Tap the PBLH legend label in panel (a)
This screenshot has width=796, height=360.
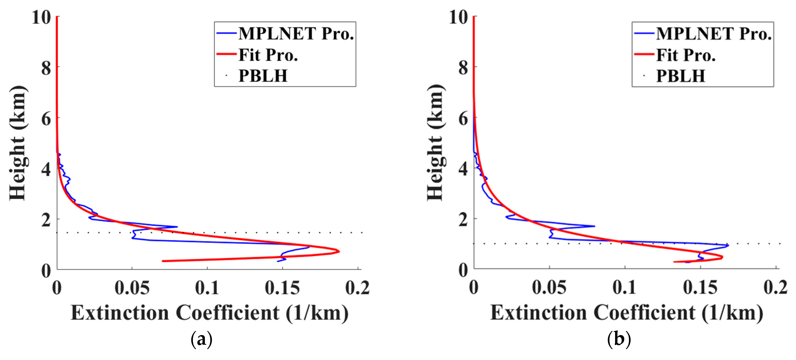tap(263, 76)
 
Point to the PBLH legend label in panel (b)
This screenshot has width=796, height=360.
tap(680, 76)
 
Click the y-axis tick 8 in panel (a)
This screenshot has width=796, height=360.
tap(46, 68)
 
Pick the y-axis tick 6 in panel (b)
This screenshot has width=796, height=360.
tap(463, 119)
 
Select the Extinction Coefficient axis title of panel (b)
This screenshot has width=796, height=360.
tap(627, 313)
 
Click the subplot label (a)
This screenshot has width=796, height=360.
tap(202, 340)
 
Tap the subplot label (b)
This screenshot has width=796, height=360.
tap(619, 340)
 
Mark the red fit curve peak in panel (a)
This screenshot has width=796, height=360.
tap(339, 251)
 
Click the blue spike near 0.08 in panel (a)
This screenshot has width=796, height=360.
tap(177, 227)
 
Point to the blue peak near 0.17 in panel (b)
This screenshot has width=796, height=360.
tap(728, 245)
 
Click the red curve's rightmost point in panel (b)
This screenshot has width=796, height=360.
tap(722, 257)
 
